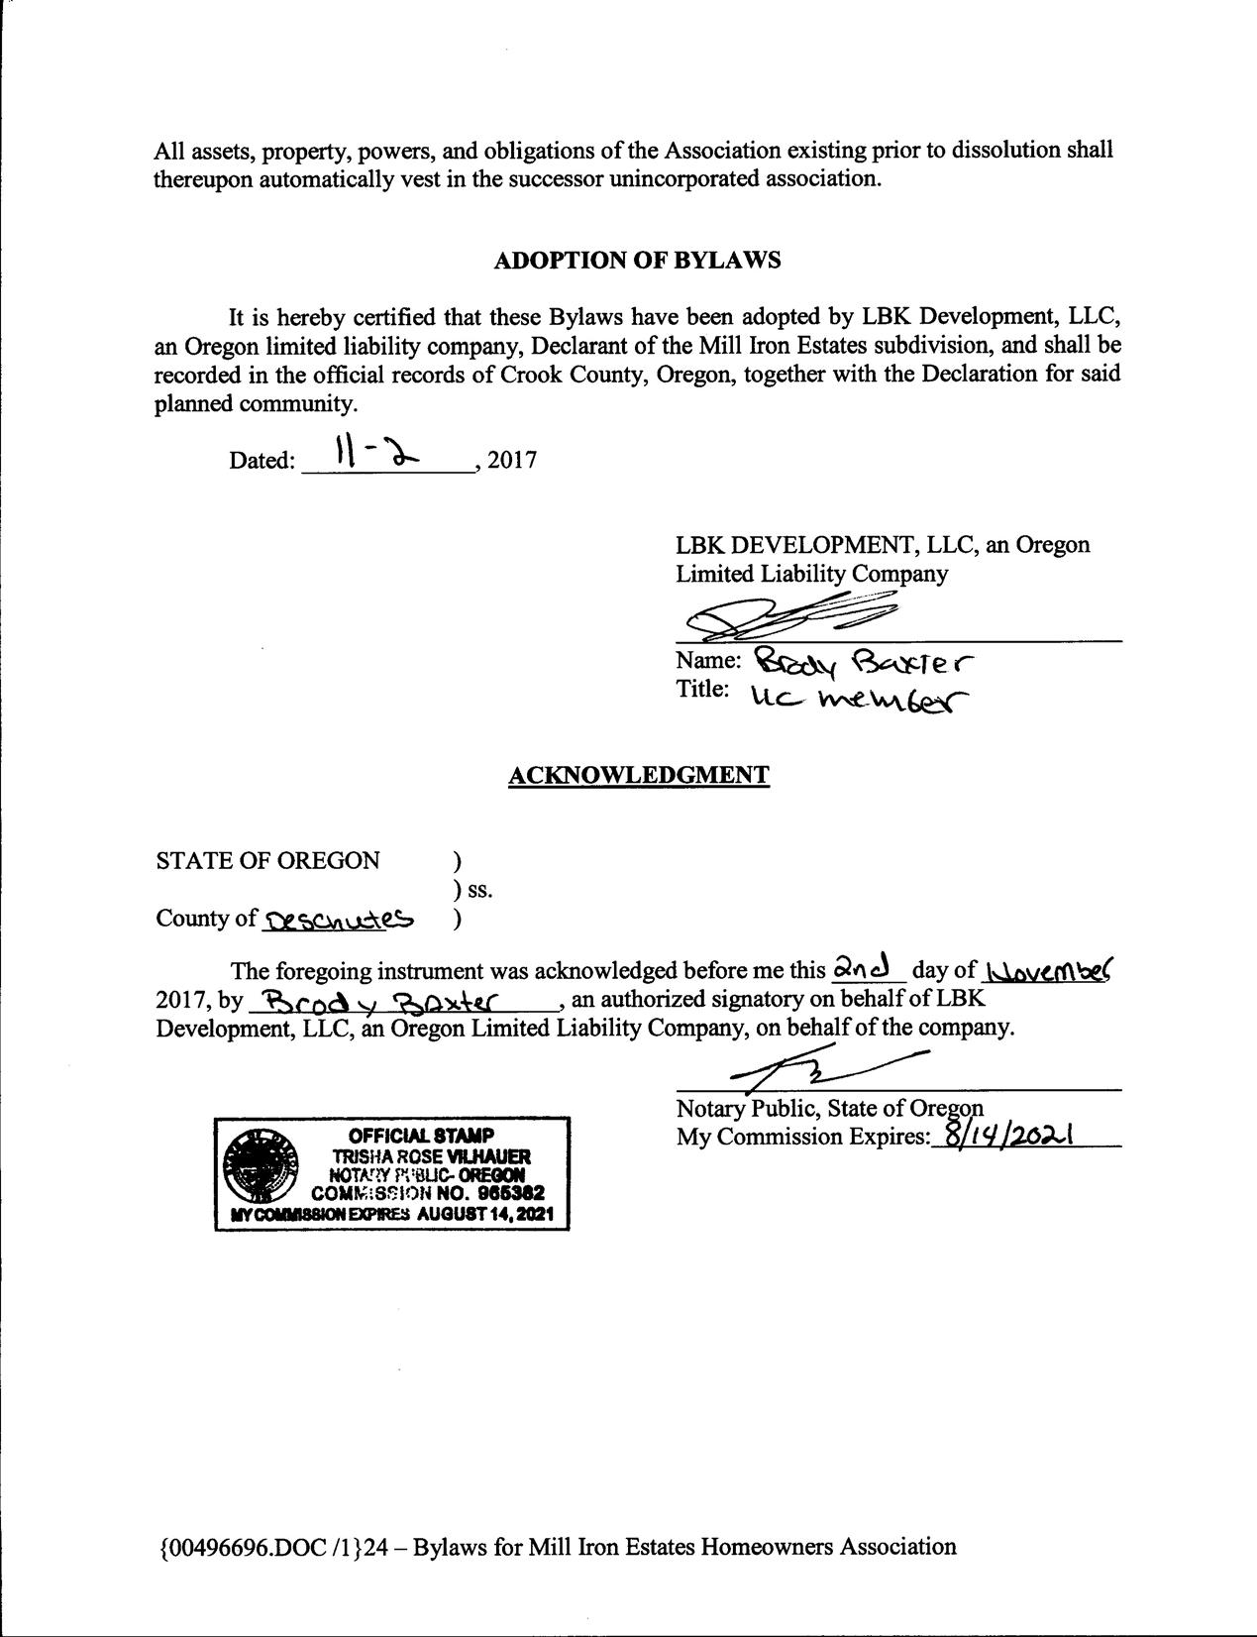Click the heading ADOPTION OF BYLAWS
click(637, 260)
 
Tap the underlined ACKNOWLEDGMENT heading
click(638, 775)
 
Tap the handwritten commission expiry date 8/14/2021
click(1010, 1136)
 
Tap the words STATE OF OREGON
click(267, 860)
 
